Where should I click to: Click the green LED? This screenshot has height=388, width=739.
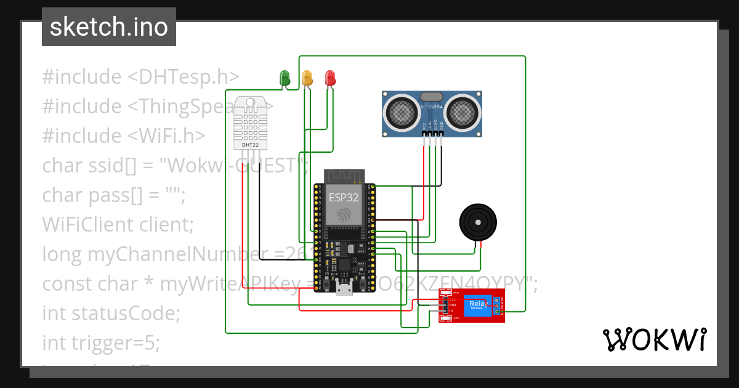285,78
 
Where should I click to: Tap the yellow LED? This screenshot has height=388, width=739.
307,78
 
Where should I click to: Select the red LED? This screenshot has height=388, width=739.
330,78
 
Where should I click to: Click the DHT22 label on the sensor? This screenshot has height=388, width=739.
249,145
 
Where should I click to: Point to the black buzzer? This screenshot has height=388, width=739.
478,222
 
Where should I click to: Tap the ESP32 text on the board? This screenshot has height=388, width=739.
342,198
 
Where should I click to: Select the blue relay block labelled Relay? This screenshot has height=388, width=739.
479,305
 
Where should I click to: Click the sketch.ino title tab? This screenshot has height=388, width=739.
109,27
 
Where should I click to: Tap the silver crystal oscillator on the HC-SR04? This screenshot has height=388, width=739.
432,97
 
